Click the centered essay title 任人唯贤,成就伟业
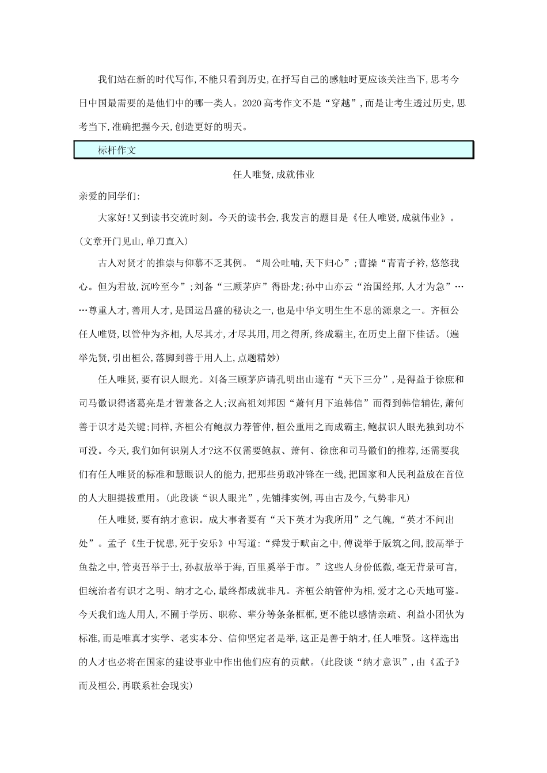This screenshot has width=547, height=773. pos(273,175)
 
